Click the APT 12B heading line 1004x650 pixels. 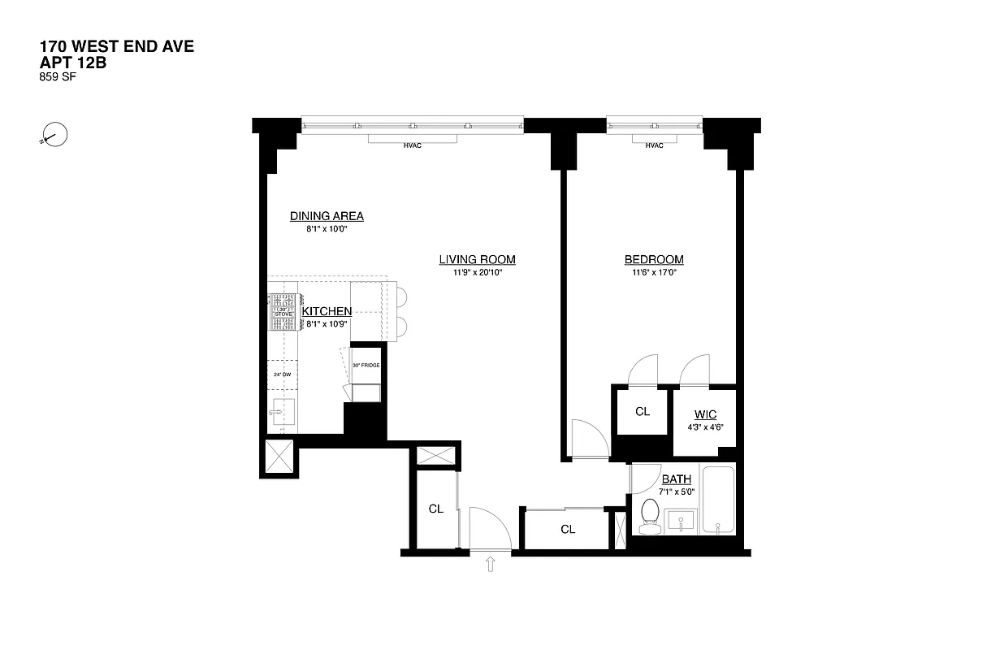click(x=72, y=63)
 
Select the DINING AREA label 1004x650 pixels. click(x=327, y=216)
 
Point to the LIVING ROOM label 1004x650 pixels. click(x=477, y=260)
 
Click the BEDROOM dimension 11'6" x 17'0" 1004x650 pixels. click(x=654, y=273)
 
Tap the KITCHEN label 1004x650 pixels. click(x=327, y=311)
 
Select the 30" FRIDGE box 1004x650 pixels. click(x=366, y=366)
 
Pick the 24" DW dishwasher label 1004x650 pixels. click(x=282, y=375)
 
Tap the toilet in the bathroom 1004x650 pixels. click(x=650, y=518)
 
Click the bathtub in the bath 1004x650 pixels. click(x=719, y=500)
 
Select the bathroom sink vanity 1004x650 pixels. click(x=681, y=521)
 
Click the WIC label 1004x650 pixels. click(x=705, y=415)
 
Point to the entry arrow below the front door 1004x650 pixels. click(x=491, y=564)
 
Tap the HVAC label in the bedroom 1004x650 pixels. click(x=654, y=145)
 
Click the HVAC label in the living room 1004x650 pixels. click(x=413, y=145)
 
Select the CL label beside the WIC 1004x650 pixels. click(x=642, y=412)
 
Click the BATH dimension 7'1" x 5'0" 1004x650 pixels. click(x=677, y=491)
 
